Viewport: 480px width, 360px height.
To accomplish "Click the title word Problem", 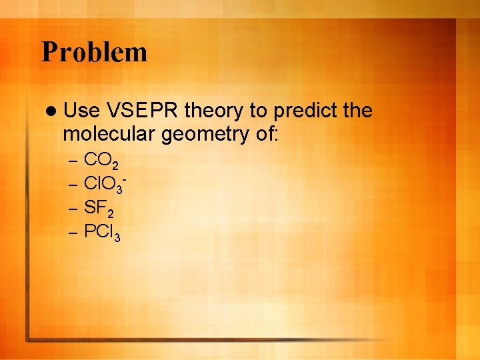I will click(x=94, y=52).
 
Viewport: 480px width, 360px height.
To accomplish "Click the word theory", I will click(x=214, y=111).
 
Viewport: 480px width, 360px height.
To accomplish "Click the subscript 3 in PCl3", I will click(x=117, y=237).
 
